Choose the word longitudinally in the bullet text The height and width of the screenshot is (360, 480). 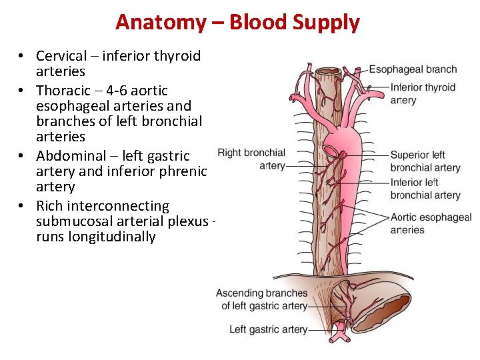tap(111, 237)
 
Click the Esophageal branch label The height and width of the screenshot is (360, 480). tap(413, 69)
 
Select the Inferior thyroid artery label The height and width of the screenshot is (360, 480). tap(423, 93)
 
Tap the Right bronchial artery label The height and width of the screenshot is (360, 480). tap(251, 159)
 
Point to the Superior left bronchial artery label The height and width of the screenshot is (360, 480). tap(425, 161)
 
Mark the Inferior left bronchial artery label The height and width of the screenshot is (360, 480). tap(425, 189)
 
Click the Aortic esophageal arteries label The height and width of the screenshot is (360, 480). tap(430, 223)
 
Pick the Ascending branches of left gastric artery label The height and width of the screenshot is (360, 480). tap(262, 299)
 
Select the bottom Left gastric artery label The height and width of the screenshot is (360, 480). tap(268, 329)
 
